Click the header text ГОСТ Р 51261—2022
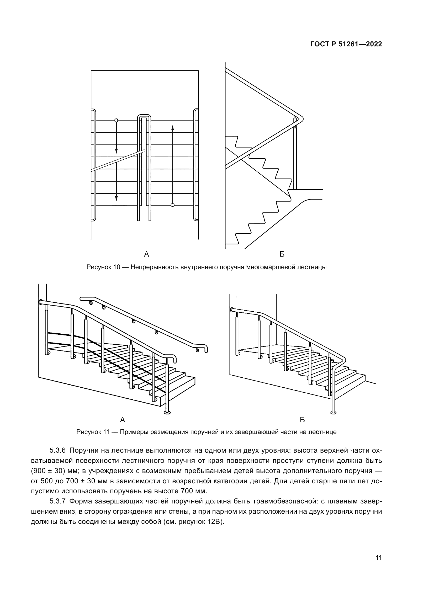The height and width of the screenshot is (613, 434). (346, 44)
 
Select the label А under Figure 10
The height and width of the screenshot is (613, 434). (146, 254)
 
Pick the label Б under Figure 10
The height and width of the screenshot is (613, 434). (282, 254)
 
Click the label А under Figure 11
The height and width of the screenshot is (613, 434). (123, 420)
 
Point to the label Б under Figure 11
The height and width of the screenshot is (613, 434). (302, 420)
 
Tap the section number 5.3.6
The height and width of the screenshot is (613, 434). (57, 451)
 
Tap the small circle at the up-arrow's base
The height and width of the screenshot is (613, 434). (173, 205)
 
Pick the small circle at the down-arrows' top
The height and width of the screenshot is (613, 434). (116, 120)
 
